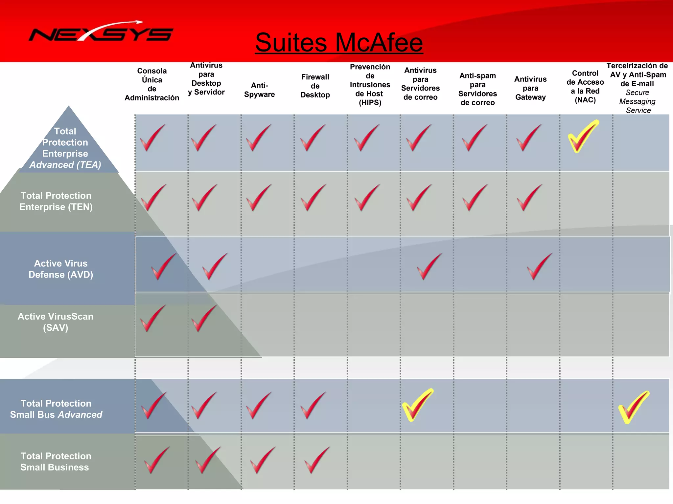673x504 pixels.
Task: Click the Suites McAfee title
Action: [x=339, y=43]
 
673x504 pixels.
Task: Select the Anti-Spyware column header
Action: [x=259, y=90]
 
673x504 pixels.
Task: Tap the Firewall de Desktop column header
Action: [x=315, y=86]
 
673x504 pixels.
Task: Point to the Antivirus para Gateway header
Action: [x=530, y=88]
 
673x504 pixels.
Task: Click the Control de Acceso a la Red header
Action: [x=585, y=87]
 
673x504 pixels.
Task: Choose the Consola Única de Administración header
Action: [x=152, y=84]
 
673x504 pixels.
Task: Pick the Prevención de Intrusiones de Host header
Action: [x=370, y=85]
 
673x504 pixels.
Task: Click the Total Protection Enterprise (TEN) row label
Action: [x=56, y=201]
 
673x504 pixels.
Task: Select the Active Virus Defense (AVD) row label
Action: [x=61, y=269]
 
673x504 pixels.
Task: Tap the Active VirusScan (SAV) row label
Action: [x=56, y=322]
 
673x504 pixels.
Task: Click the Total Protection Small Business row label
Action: [x=56, y=461]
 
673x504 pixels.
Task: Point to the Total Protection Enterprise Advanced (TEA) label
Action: [x=65, y=148]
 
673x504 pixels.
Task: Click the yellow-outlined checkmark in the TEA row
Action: [x=583, y=136]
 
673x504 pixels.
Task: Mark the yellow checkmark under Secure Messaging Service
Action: [x=633, y=407]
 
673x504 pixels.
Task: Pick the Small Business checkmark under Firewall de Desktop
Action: [x=316, y=460]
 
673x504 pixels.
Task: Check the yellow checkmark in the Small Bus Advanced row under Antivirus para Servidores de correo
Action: [x=417, y=405]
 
